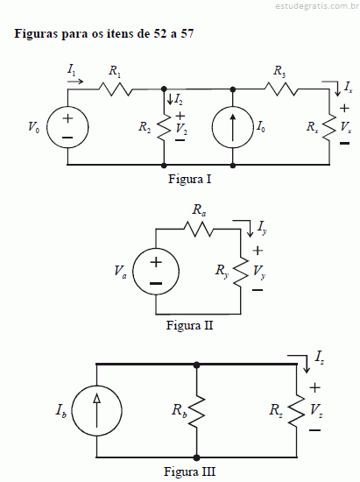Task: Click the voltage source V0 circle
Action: [x=47, y=127]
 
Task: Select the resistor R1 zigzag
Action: [x=116, y=89]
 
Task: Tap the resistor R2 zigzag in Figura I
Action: [x=164, y=127]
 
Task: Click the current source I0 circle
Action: [x=212, y=127]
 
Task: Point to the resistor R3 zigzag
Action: [x=281, y=89]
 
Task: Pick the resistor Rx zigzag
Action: [x=329, y=127]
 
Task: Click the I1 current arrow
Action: [x=75, y=82]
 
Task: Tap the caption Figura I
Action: [x=189, y=179]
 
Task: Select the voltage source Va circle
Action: [x=133, y=272]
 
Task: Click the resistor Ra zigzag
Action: [x=198, y=229]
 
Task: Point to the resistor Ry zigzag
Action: [x=241, y=272]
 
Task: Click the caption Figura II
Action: [x=189, y=325]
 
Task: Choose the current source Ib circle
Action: [x=72, y=410]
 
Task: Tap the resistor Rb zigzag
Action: [x=196, y=411]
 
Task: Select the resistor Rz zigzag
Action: [x=297, y=411]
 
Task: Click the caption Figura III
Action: [x=189, y=471]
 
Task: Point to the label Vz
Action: [x=316, y=410]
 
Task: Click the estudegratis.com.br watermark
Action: [x=317, y=6]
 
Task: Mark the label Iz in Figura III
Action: [x=319, y=358]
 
